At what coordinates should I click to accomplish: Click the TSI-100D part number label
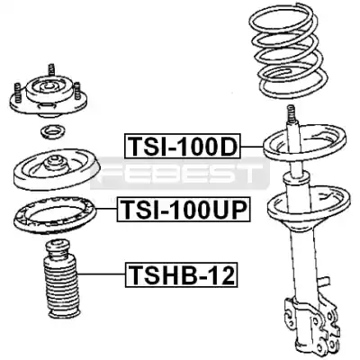[x=183, y=146]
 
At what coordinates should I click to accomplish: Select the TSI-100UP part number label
[x=184, y=210]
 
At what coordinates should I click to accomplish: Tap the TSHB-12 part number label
[x=182, y=275]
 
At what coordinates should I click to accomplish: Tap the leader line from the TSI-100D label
[x=252, y=146]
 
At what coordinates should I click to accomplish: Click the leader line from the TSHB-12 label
[x=102, y=274]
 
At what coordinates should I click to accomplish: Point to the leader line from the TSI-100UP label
[x=106, y=210]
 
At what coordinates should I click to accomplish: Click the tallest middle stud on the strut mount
[x=51, y=71]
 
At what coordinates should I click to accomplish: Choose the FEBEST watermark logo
[x=180, y=174]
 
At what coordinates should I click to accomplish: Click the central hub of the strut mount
[x=48, y=87]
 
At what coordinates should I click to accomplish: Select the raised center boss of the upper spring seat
[x=55, y=164]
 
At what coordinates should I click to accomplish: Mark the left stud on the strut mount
[x=17, y=93]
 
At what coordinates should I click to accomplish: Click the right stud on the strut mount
[x=78, y=90]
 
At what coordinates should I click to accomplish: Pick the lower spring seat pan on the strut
[x=310, y=207]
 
